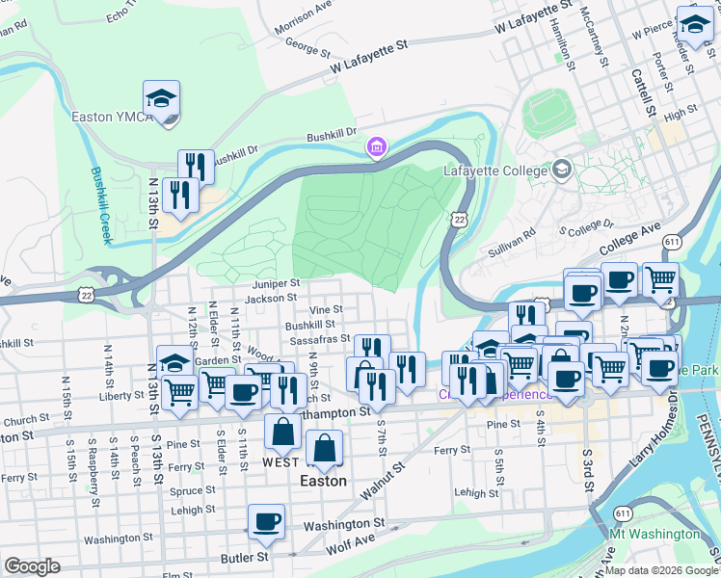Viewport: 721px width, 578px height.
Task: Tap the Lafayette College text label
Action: [x=494, y=171]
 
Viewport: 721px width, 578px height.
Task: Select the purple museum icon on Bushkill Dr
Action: [x=376, y=147]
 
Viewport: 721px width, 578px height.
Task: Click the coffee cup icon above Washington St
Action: [x=266, y=523]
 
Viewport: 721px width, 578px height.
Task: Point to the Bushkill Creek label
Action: [x=99, y=204]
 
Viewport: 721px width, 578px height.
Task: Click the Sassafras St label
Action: [x=319, y=339]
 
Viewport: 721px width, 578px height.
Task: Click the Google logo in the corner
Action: [x=32, y=566]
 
